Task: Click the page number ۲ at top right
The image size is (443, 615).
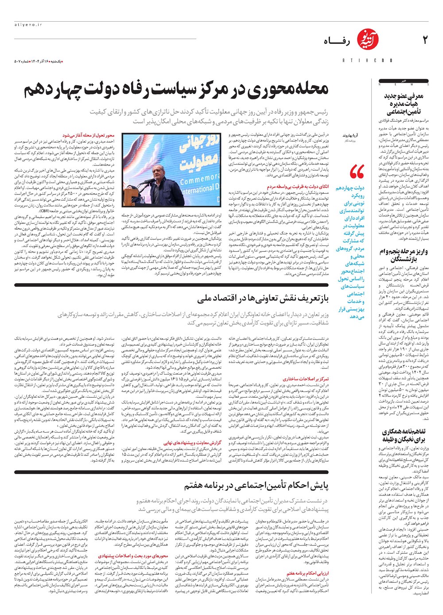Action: click(x=425, y=40)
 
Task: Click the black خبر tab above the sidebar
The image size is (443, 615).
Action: click(x=404, y=81)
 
